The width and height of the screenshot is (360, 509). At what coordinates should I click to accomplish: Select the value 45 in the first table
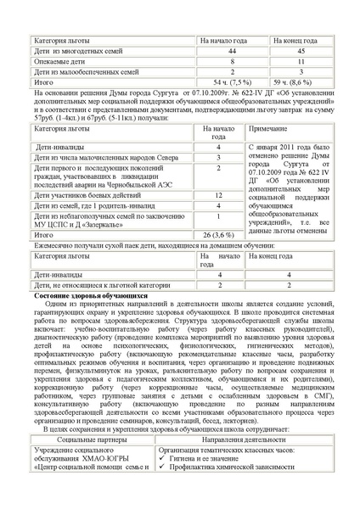tap(301, 52)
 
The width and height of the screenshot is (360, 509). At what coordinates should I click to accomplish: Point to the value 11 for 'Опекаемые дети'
tap(301, 62)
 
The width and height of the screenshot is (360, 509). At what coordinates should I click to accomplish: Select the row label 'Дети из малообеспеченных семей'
tap(83, 73)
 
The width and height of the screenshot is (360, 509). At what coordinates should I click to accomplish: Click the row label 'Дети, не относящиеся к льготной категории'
tap(108, 286)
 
